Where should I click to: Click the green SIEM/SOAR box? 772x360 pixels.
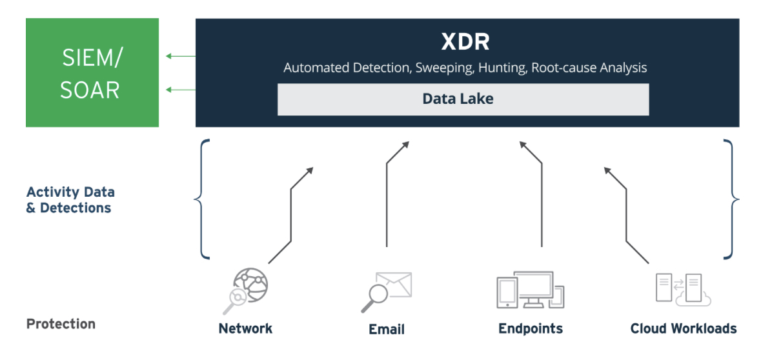92,72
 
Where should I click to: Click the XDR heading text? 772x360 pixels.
465,43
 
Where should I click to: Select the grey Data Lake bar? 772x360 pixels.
463,99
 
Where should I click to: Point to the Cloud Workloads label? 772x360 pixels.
683,328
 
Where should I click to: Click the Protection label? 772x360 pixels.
61,324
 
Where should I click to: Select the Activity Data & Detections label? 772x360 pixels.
70,200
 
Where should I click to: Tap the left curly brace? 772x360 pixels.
201,199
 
